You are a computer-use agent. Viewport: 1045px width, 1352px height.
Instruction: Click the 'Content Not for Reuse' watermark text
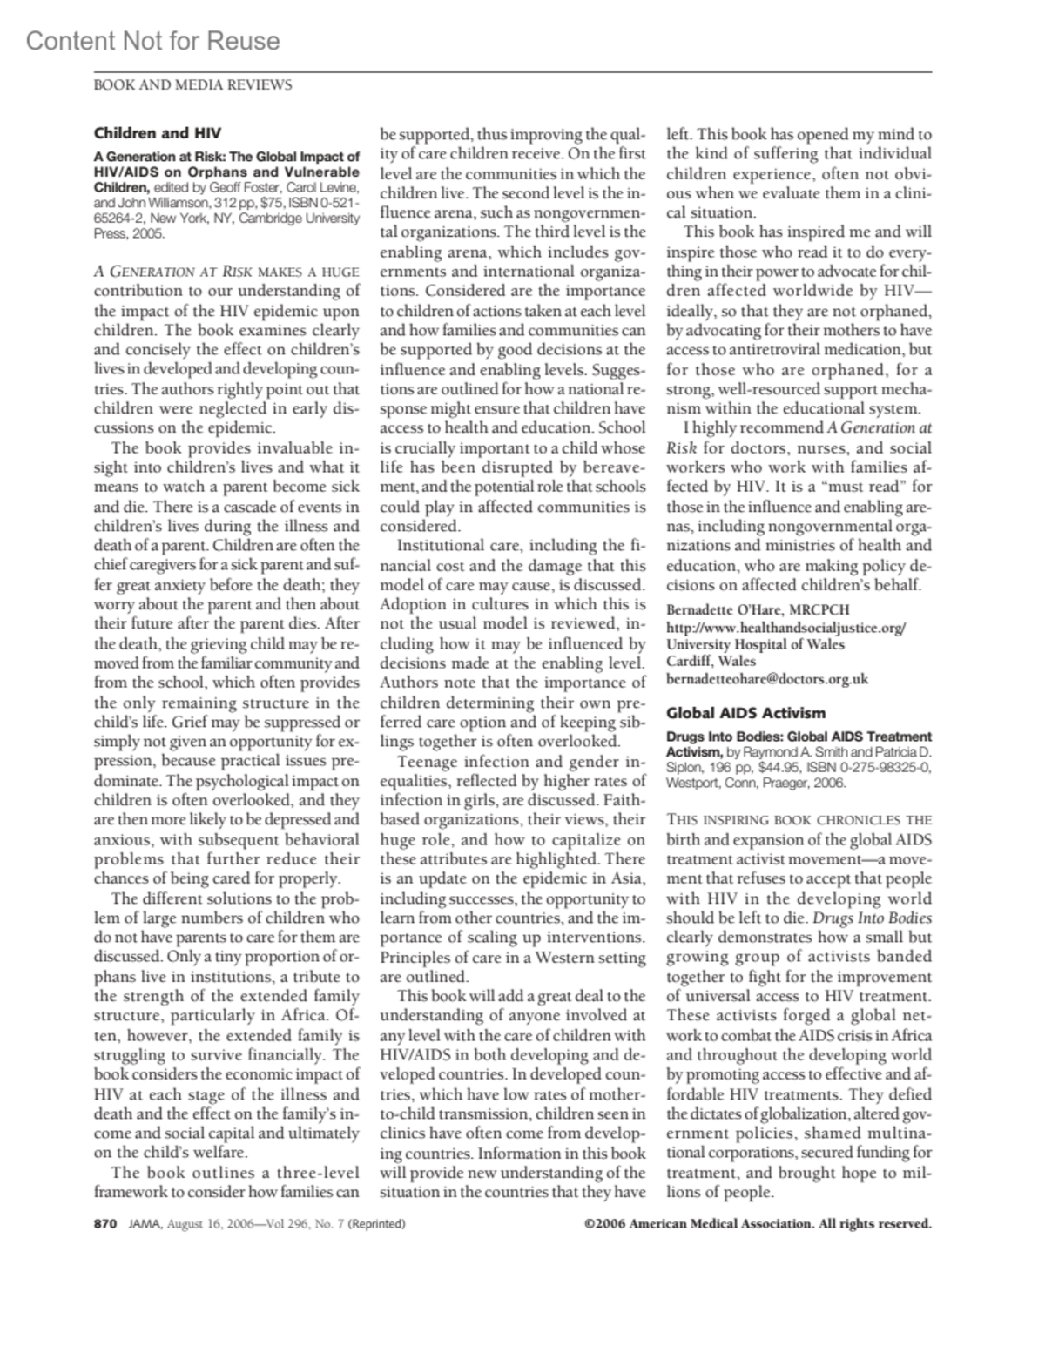click(x=152, y=41)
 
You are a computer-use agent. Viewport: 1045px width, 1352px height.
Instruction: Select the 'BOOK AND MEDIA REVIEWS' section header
click(x=192, y=85)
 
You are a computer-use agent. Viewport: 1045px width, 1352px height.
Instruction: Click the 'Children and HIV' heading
click(x=158, y=133)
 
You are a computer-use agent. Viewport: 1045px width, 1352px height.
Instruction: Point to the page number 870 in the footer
click(x=104, y=1223)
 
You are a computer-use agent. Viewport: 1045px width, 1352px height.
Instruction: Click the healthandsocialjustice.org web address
click(x=786, y=627)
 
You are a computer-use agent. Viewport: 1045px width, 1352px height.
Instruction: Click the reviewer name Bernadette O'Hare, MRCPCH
click(x=758, y=609)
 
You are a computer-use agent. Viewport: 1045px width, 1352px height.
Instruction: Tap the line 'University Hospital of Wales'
click(x=755, y=644)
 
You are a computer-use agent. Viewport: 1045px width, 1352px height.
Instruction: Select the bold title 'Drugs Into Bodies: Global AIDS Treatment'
click(x=799, y=737)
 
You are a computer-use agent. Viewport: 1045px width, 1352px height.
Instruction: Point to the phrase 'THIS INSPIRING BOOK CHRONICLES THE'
click(x=799, y=820)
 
